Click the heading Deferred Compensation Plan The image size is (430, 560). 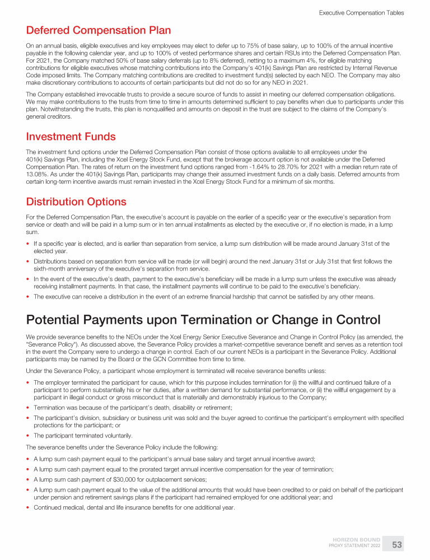(98, 30)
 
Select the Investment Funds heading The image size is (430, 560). (71, 136)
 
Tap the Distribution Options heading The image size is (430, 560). (76, 202)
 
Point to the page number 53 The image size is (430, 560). (397, 544)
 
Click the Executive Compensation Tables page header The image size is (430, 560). (361, 12)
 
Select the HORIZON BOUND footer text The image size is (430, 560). (357, 540)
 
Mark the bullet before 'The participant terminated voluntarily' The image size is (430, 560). (29, 435)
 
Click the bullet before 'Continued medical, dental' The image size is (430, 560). (29, 507)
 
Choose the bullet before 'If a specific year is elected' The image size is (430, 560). (29, 244)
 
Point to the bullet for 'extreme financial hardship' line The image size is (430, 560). (29, 296)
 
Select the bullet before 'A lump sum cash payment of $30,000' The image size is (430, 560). (29, 479)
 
